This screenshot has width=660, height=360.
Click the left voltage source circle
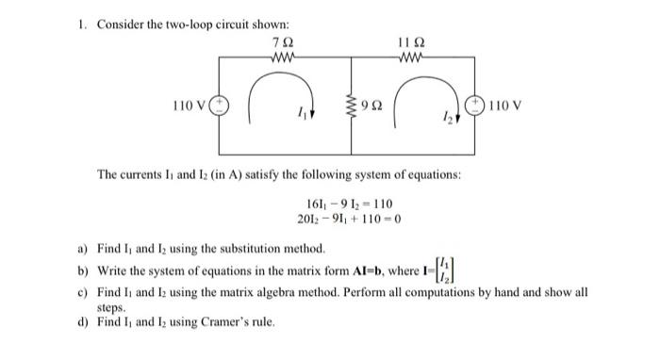pos(219,105)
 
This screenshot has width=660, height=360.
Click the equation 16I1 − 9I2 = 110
pos(350,204)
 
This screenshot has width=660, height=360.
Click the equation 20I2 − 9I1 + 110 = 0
pos(350,220)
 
